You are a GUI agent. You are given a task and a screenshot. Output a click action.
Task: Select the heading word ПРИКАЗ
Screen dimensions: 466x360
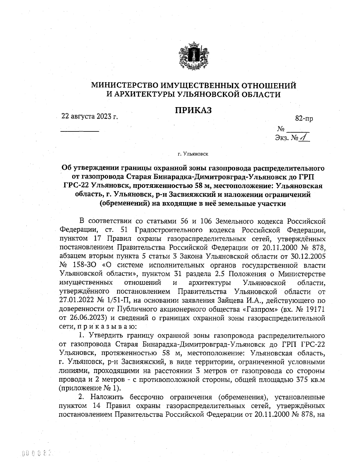193,110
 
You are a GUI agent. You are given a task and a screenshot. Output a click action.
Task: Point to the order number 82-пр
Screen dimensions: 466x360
304,119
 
